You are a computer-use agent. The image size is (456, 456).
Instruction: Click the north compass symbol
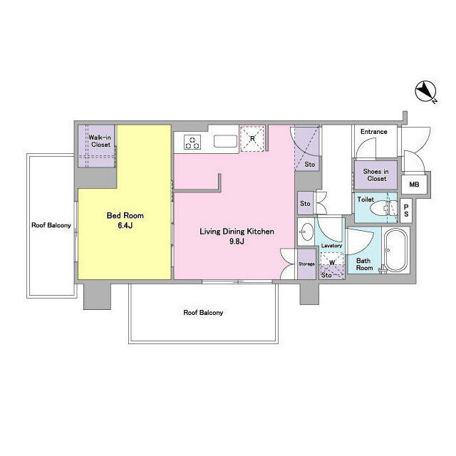pos(426,92)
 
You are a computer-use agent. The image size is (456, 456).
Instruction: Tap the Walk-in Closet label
pos(100,141)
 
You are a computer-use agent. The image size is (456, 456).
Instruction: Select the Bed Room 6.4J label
pos(125,220)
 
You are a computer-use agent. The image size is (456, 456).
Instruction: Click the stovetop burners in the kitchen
pos(192,142)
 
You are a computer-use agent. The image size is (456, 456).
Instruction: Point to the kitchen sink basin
pos(226,141)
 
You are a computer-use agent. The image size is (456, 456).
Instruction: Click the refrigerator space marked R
pos(252,138)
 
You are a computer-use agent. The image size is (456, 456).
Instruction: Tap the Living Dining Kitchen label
pos(237,236)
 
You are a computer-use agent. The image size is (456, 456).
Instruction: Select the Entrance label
pos(373,132)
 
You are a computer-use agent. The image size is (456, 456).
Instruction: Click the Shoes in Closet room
pos(375,175)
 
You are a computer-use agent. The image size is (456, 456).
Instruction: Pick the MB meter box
pos(415,185)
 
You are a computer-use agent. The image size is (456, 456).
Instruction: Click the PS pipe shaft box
pos(406,211)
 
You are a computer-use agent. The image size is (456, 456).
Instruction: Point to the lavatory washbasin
pos(306,233)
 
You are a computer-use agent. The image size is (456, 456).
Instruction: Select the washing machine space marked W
pos(332,261)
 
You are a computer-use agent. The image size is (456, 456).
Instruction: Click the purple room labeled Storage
pos(306,264)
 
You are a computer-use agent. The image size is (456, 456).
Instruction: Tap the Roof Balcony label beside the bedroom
pos(51,225)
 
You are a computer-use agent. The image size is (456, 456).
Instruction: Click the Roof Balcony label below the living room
pos(203,313)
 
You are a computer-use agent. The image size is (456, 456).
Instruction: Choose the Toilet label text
pos(366,199)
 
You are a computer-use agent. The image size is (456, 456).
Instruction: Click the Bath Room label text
pos(364,264)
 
